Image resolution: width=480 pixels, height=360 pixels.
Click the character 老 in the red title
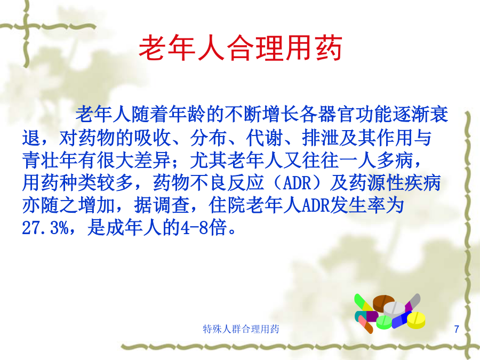(x=153, y=48)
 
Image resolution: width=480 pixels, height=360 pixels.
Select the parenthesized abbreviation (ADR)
(x=297, y=183)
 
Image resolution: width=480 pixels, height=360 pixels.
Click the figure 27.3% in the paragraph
(x=46, y=228)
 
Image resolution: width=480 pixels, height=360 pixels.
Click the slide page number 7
(x=457, y=329)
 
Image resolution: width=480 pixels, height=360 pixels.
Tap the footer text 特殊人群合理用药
(x=241, y=329)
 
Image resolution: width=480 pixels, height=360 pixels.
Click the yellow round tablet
(x=416, y=320)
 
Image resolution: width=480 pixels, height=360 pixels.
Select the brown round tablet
(x=383, y=302)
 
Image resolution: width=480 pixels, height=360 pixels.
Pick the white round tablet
(x=394, y=309)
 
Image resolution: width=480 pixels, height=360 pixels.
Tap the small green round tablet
(x=384, y=322)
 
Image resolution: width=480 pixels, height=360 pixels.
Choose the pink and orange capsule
(x=365, y=324)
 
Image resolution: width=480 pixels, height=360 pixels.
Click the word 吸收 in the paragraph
(x=153, y=138)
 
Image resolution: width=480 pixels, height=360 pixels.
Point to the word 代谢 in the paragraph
(x=265, y=138)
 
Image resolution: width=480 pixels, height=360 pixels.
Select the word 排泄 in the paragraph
(x=321, y=138)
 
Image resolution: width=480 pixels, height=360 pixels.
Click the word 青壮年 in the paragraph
(x=50, y=161)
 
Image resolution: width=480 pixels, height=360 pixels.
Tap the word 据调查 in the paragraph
(x=162, y=205)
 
